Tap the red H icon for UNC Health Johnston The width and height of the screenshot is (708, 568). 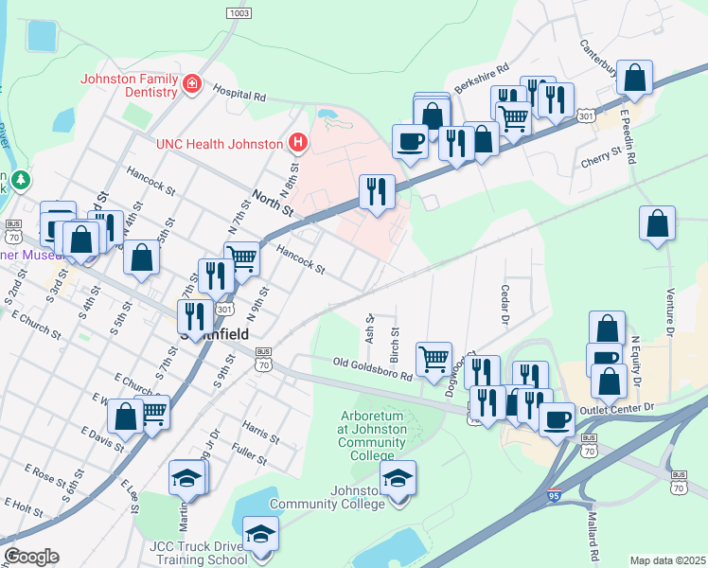tap(298, 143)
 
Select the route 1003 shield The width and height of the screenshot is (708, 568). tap(239, 12)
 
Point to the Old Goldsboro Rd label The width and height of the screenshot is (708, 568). tap(372, 369)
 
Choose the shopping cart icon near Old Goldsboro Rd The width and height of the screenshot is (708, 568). tap(434, 359)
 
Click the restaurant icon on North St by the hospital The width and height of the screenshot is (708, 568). tap(377, 191)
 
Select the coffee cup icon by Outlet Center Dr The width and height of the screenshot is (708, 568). tap(557, 417)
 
